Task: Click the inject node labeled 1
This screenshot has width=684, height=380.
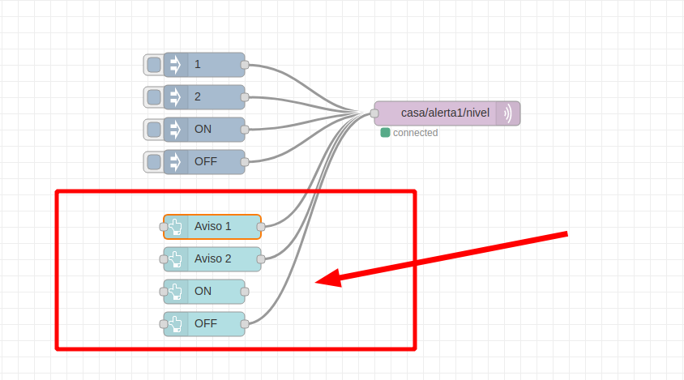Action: (204, 65)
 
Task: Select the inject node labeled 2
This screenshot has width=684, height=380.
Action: (204, 97)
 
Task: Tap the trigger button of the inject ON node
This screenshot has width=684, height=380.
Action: (153, 130)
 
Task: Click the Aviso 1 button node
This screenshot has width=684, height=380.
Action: (212, 227)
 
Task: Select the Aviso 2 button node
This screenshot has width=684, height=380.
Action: (212, 259)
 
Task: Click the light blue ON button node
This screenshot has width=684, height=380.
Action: (204, 292)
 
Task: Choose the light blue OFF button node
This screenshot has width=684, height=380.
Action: (204, 324)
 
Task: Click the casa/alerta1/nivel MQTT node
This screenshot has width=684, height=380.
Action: (447, 113)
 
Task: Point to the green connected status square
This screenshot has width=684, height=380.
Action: (385, 133)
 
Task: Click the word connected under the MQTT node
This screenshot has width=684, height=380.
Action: (415, 133)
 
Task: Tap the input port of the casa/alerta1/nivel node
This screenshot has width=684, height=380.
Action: (374, 113)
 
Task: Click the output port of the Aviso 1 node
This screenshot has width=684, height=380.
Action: (261, 227)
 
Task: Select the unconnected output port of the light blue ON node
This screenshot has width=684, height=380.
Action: (245, 292)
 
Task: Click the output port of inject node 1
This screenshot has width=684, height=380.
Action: (245, 65)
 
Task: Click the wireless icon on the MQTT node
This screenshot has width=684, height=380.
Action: (507, 113)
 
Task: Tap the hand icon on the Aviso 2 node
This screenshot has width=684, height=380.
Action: (175, 259)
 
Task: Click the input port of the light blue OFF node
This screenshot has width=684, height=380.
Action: (164, 324)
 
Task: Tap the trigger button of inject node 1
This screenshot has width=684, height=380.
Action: (153, 65)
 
